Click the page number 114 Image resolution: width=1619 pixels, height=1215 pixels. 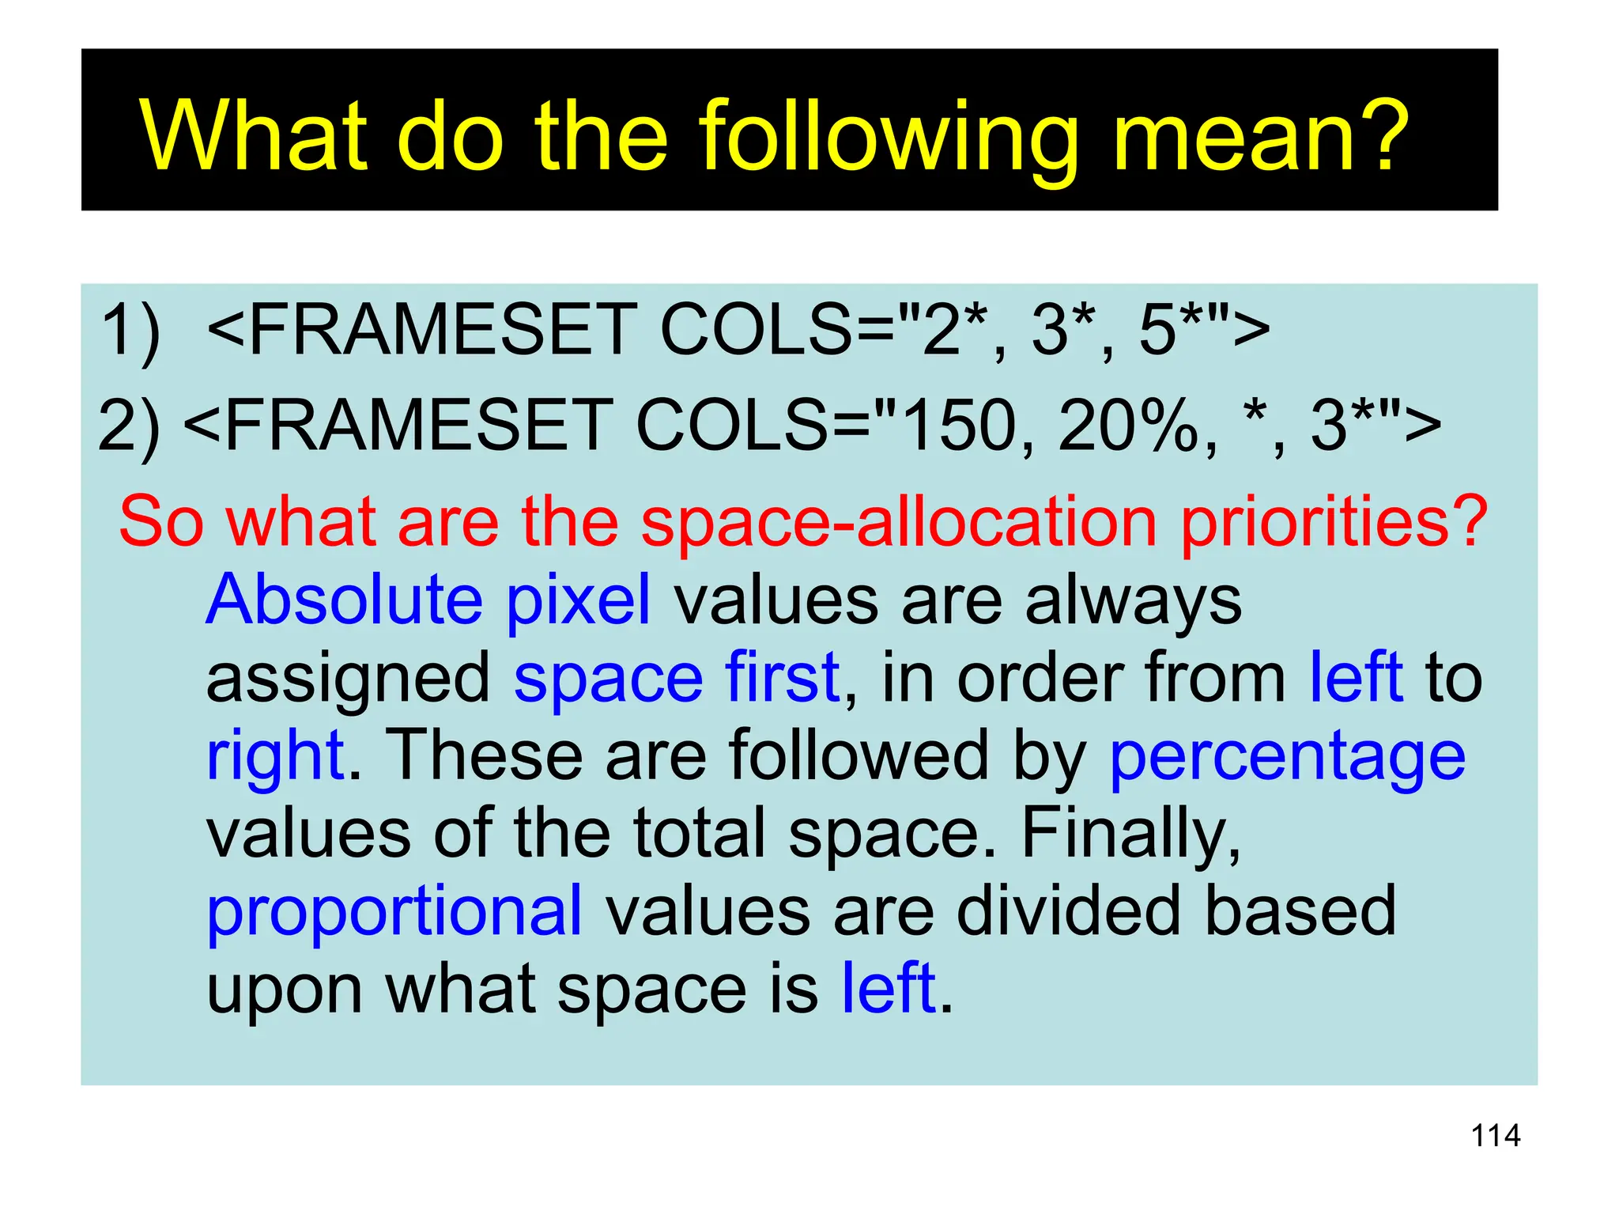(x=1495, y=1136)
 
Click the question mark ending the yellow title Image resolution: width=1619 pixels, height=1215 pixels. (x=1382, y=136)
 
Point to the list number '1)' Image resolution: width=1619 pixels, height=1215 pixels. (x=130, y=330)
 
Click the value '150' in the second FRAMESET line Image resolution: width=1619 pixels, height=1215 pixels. (x=958, y=426)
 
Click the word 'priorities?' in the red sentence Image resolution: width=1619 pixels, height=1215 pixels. (x=1334, y=522)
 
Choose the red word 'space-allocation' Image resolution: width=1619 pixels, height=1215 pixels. (x=899, y=522)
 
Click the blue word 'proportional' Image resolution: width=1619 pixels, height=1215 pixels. (x=394, y=912)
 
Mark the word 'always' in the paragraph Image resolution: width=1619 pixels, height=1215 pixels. (x=1133, y=601)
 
